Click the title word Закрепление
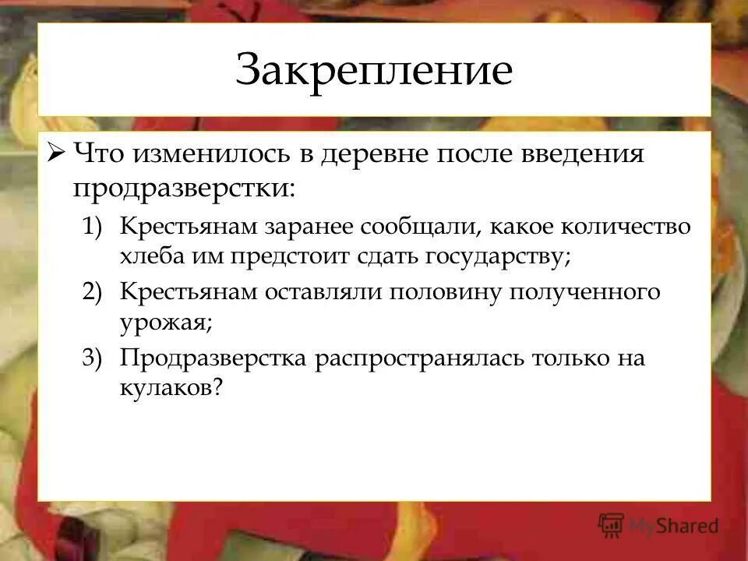(374, 70)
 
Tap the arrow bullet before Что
(58, 153)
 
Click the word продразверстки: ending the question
(185, 188)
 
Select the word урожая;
(166, 322)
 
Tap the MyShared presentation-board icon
(612, 526)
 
